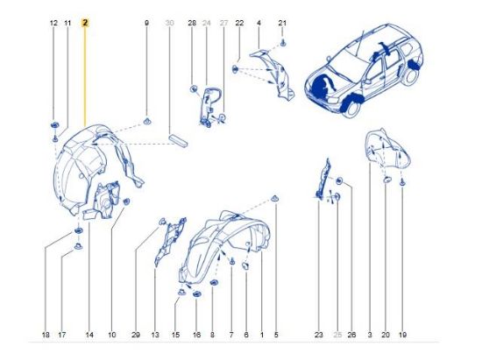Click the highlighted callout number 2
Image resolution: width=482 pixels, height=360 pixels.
[x=85, y=23]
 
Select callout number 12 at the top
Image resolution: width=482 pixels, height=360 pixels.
[x=53, y=23]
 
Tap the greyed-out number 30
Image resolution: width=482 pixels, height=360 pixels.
[x=169, y=23]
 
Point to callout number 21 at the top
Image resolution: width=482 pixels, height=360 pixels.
[x=282, y=23]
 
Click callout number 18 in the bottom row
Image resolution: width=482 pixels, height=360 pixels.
[x=46, y=335]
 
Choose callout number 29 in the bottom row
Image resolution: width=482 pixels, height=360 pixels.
[x=136, y=335]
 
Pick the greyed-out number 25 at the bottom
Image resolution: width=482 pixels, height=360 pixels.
[x=337, y=335]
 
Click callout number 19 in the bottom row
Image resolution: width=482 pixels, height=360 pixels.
[x=402, y=335]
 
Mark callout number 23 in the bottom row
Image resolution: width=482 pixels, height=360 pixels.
[x=319, y=335]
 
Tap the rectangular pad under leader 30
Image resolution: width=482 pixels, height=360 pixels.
[x=178, y=140]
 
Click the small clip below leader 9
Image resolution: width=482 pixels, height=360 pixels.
[x=147, y=122]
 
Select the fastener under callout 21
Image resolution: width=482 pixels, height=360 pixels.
[x=283, y=44]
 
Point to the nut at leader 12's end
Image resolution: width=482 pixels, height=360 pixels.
[x=54, y=125]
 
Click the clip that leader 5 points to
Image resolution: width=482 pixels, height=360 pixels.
[x=275, y=199]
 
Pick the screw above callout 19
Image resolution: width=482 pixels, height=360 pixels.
[x=402, y=183]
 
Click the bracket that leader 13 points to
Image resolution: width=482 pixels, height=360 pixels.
[x=169, y=241]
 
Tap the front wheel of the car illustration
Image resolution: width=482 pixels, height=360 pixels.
[x=352, y=108]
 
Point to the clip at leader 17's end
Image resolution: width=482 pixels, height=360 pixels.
[x=78, y=246]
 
